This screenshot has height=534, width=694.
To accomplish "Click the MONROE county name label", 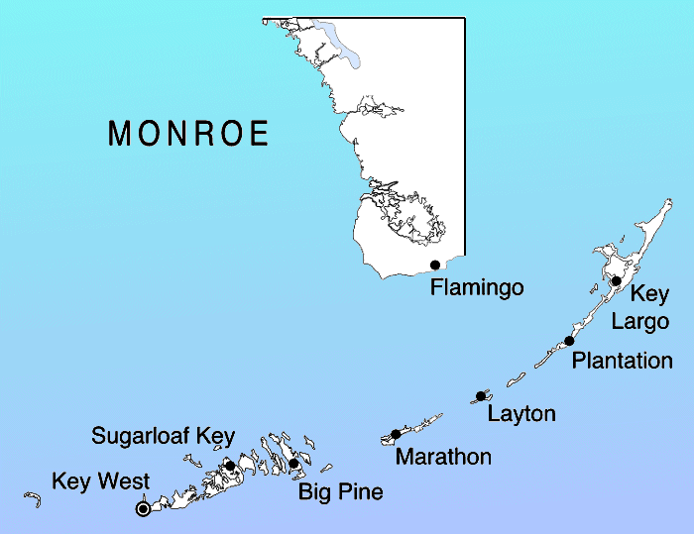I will pyautogui.click(x=188, y=134).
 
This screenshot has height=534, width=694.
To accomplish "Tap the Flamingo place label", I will pyautogui.click(x=477, y=287).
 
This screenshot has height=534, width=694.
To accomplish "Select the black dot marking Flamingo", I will pyautogui.click(x=435, y=265).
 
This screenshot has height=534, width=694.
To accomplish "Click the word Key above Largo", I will pyautogui.click(x=650, y=294).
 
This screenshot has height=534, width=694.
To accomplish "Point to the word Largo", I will pyautogui.click(x=639, y=321).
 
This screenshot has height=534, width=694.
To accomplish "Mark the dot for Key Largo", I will pyautogui.click(x=616, y=281).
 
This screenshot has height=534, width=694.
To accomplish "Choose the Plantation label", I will pyautogui.click(x=623, y=360).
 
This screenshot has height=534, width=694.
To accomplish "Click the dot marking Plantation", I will pyautogui.click(x=569, y=341).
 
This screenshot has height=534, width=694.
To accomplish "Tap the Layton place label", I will pyautogui.click(x=521, y=413).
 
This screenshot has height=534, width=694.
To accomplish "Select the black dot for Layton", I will pyautogui.click(x=481, y=396).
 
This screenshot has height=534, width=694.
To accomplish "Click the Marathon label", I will pyautogui.click(x=443, y=457).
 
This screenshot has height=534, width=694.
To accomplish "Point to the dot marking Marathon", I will pyautogui.click(x=396, y=434).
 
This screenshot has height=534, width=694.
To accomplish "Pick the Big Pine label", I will pyautogui.click(x=340, y=491).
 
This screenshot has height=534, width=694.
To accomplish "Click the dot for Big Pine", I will pyautogui.click(x=293, y=464).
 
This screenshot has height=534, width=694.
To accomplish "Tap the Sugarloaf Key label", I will pyautogui.click(x=163, y=435).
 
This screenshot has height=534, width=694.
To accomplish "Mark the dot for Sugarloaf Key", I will pyautogui.click(x=230, y=466).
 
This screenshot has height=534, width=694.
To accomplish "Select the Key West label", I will pyautogui.click(x=100, y=481).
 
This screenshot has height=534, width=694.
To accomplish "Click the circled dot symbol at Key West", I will pyautogui.click(x=143, y=508).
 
